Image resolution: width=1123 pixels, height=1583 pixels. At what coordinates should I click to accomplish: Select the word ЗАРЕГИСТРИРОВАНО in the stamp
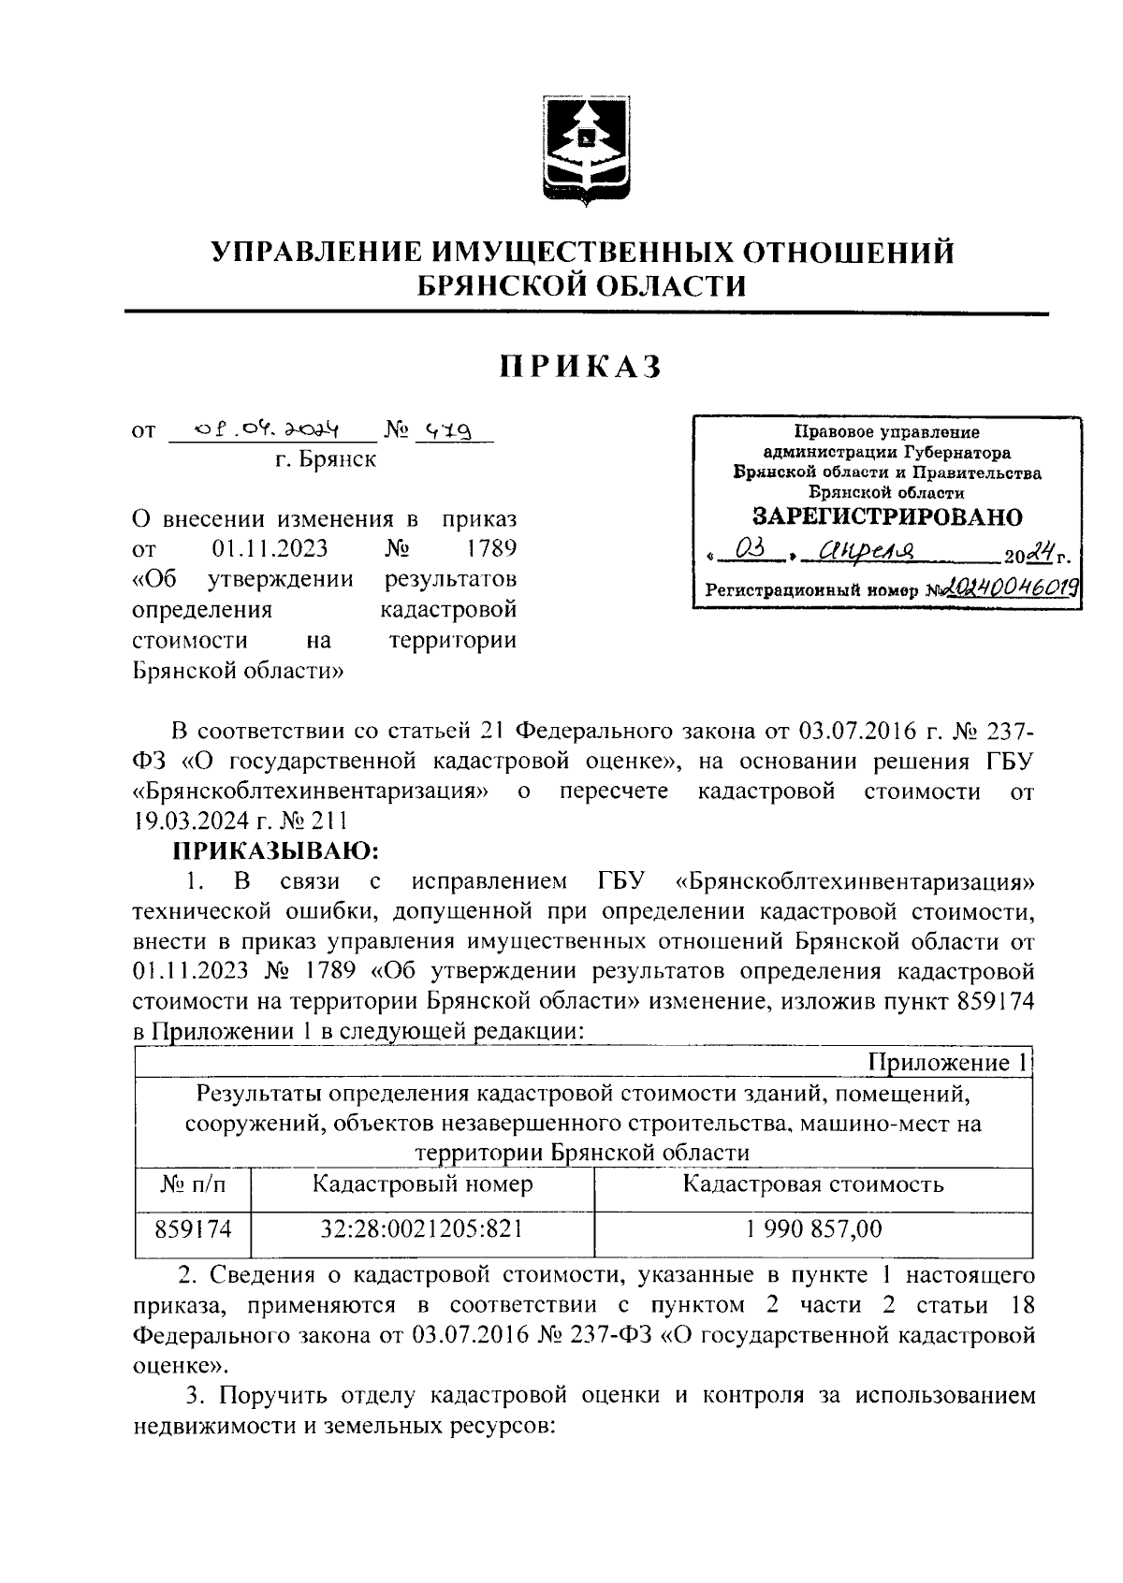[x=888, y=516]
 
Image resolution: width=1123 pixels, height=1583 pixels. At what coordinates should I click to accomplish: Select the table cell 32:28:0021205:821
[x=422, y=1228]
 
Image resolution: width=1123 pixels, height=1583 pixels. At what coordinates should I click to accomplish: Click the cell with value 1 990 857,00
[x=813, y=1228]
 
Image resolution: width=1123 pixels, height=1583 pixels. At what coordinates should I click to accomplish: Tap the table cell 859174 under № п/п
[x=193, y=1228]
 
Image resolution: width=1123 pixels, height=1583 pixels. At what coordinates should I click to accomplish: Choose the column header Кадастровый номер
[x=422, y=1184]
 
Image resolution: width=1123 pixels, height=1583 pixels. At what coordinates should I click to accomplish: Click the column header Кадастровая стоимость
[x=813, y=1184]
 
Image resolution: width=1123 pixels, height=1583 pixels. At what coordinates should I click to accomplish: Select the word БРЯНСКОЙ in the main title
[x=502, y=284]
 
